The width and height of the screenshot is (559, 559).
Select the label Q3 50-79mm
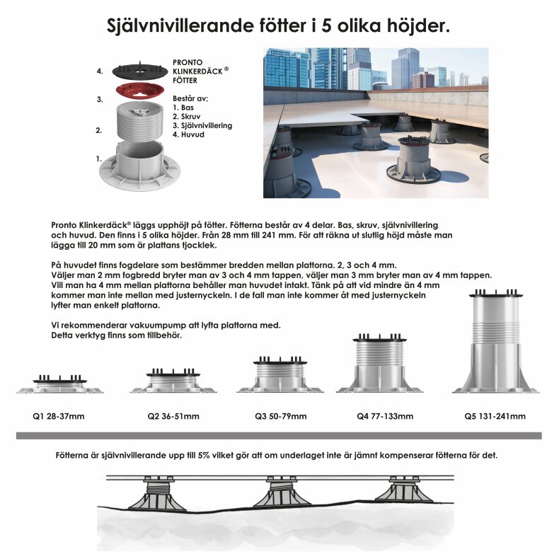tap(281, 416)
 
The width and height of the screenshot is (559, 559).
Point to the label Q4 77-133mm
tap(385, 416)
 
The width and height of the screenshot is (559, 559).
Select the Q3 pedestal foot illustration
tap(281, 374)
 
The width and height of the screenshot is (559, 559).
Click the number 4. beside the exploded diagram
tap(100, 71)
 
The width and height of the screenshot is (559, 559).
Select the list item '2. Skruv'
tap(185, 117)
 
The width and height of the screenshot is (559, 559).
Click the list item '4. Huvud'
tap(188, 134)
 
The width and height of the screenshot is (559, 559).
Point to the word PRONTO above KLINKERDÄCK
tap(188, 63)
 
